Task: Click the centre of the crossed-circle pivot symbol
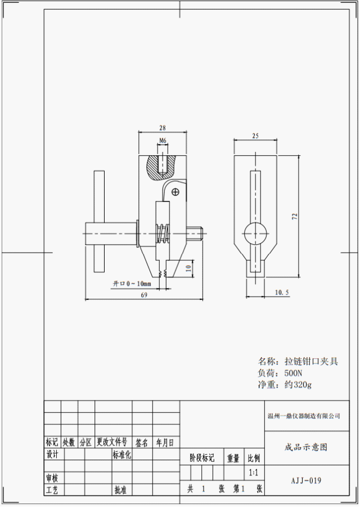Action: (x=175, y=192)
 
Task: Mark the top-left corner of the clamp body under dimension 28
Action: (x=139, y=155)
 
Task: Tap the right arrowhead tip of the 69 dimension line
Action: (x=204, y=299)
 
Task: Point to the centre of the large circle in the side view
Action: (x=255, y=233)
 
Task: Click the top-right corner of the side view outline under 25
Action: (x=277, y=155)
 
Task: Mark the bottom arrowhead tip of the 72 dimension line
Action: (x=299, y=277)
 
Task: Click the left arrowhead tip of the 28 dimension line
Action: (x=139, y=132)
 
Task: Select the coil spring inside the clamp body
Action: (x=163, y=233)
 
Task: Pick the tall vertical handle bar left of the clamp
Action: (x=99, y=221)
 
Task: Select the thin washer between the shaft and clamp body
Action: (x=137, y=233)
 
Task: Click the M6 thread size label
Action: (x=163, y=141)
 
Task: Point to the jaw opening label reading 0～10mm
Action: (x=132, y=284)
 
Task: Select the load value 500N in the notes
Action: (x=293, y=372)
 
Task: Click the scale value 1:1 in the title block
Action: (x=254, y=473)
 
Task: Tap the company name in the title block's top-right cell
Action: (x=304, y=416)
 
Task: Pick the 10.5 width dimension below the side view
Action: (x=282, y=293)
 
